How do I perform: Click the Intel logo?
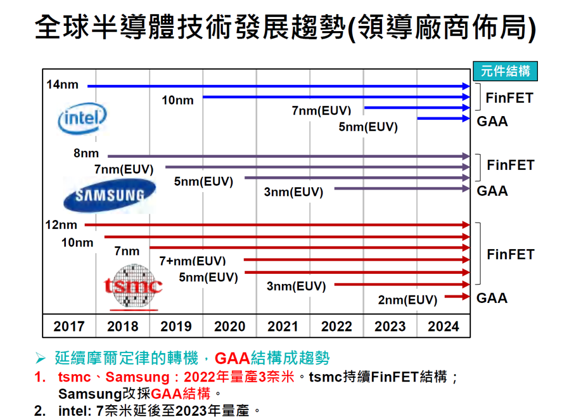pos(82,118)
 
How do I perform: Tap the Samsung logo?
pos(110,195)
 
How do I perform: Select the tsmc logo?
pos(133,287)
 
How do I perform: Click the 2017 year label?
pos(69,326)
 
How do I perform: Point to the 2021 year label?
pos(283,326)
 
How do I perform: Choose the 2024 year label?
pos(443,326)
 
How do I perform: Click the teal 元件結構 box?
pos(505,71)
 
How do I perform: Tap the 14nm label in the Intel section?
pos(62,84)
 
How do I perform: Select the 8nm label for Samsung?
pos(86,154)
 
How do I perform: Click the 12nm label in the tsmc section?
pos(61,225)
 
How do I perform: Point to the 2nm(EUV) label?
pos(407,300)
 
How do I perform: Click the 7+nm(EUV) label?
pos(192,261)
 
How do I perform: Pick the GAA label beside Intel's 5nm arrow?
pos(492,121)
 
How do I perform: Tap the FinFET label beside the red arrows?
pos(511,254)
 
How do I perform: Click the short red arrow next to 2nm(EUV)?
pos(457,297)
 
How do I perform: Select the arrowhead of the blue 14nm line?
pos(466,87)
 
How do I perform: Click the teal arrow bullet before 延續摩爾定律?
pos(40,359)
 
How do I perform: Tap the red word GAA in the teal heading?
pos(232,358)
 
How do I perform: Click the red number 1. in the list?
pos(40,377)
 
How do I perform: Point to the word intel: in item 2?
pos(75,411)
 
